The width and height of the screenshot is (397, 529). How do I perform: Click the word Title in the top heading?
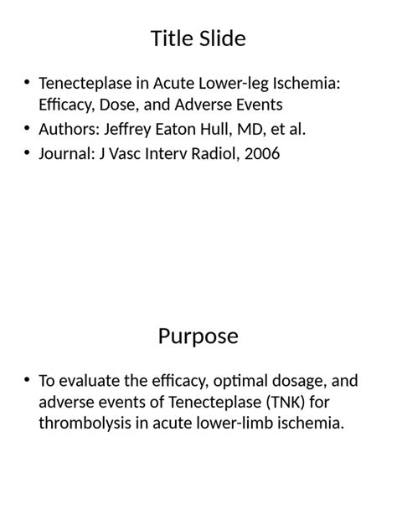pos(171,39)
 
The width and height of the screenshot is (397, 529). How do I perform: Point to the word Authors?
pos(69,129)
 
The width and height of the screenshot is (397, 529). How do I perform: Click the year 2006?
pos(261,154)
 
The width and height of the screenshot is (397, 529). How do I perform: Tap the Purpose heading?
pos(198,336)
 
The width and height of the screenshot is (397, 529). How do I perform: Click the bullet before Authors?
pos(28,129)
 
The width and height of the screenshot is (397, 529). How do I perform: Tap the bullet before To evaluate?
pos(28,382)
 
